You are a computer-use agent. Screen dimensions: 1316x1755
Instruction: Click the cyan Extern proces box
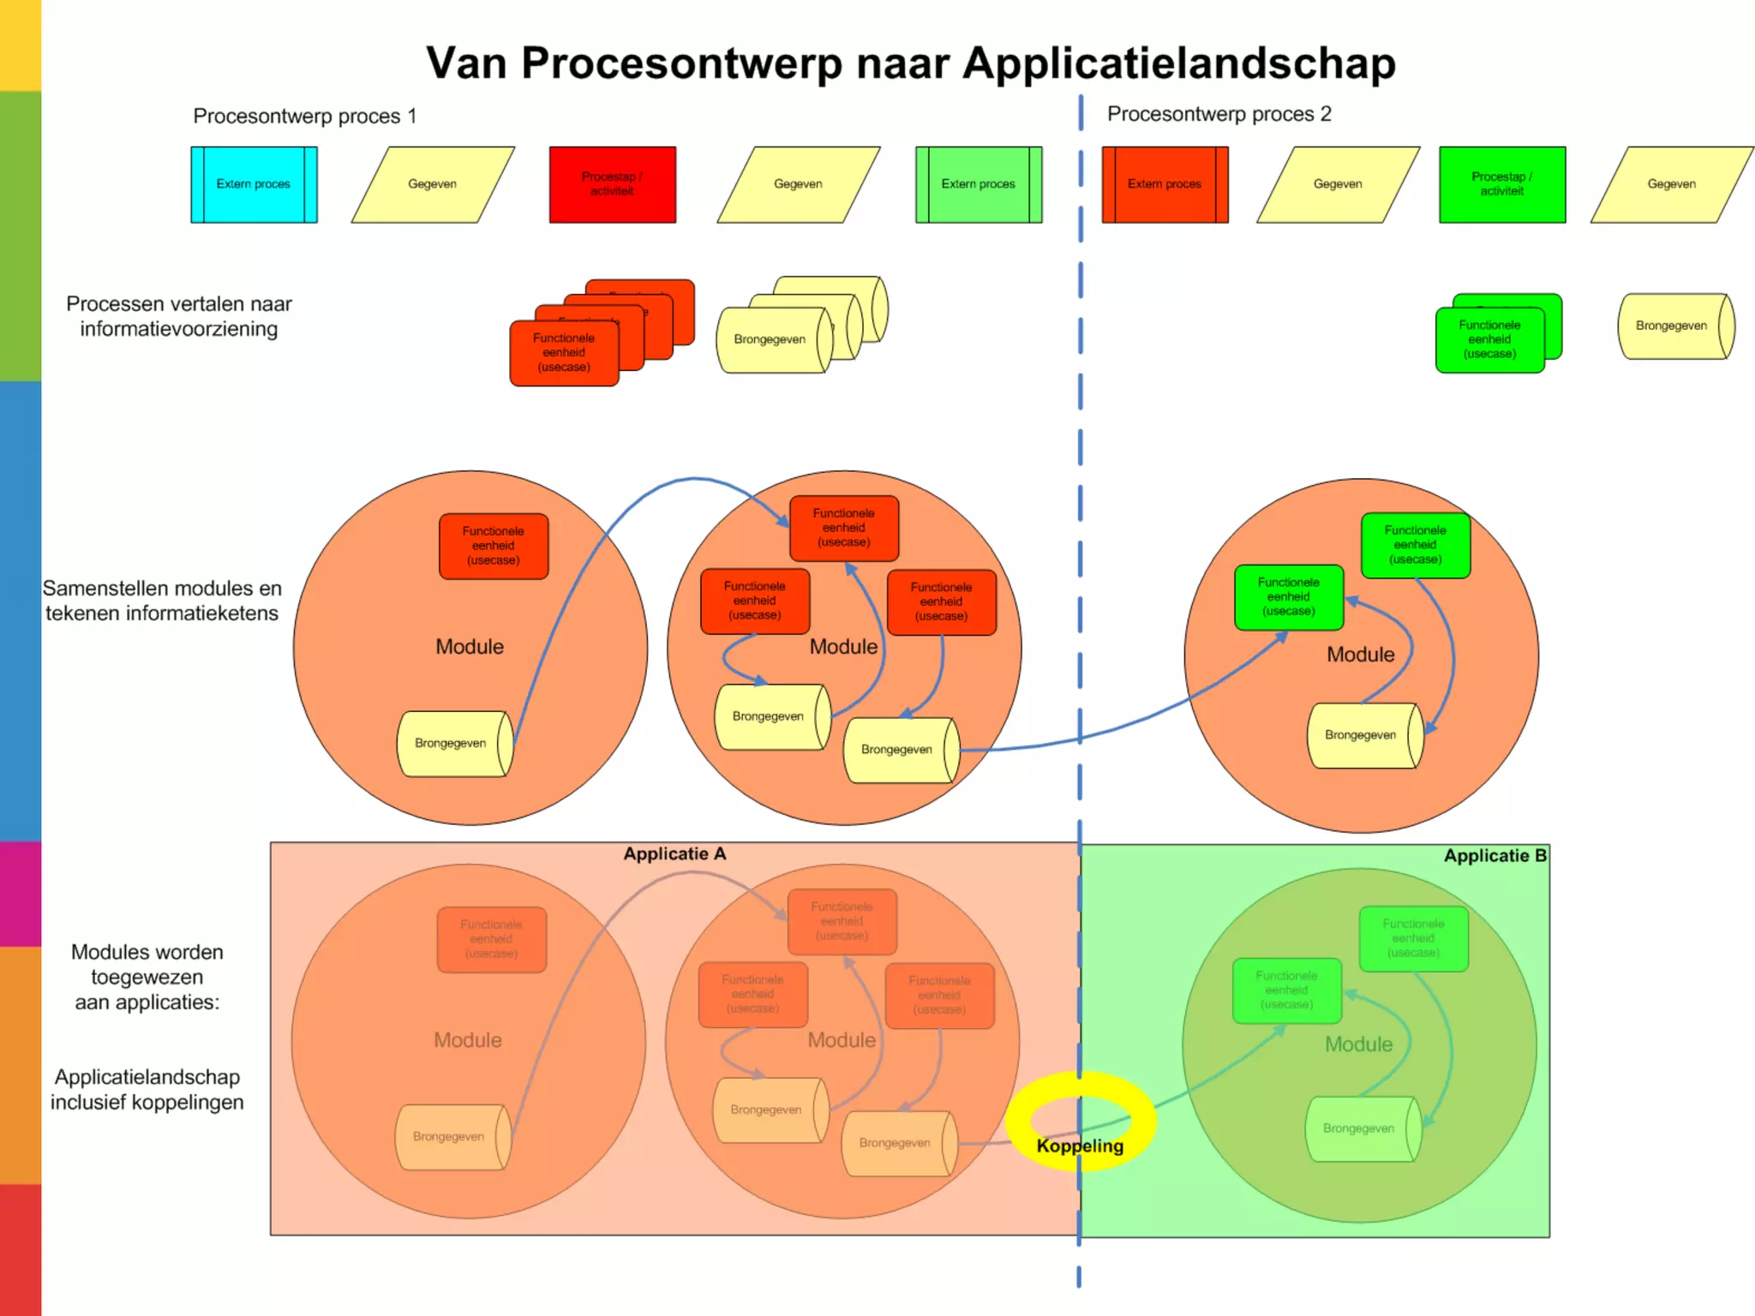click(x=254, y=184)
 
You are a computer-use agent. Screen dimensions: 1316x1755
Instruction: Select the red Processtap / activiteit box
click(x=612, y=184)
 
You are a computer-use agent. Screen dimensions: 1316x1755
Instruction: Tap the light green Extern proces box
click(x=978, y=184)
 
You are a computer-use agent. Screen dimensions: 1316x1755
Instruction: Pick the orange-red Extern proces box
click(x=1165, y=184)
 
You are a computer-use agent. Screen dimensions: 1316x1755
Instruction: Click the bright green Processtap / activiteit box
click(x=1501, y=184)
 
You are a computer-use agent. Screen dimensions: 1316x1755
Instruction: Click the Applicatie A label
click(x=674, y=854)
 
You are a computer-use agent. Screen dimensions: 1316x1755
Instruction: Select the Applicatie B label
click(x=1494, y=856)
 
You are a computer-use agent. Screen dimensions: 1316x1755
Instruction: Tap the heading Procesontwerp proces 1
click(x=304, y=116)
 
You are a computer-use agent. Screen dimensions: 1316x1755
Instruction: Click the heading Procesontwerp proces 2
click(x=1219, y=114)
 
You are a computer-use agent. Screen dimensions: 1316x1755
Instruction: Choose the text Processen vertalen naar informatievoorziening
click(x=179, y=316)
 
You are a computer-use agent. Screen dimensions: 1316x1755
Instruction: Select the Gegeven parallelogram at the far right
click(x=1671, y=184)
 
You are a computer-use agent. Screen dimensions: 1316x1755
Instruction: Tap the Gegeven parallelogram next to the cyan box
click(x=433, y=184)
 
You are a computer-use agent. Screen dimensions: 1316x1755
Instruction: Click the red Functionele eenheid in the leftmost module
click(x=494, y=546)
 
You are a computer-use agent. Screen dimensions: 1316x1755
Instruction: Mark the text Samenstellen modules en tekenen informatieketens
click(x=162, y=601)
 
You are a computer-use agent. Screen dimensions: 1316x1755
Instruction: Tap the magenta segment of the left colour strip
click(x=20, y=894)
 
